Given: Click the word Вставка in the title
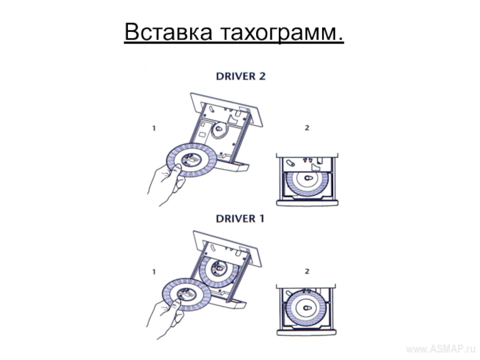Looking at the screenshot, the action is [168, 32].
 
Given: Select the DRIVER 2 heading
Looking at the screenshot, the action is [241, 76].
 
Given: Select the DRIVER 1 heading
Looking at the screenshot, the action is [240, 218].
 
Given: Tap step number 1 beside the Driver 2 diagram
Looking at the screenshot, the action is [154, 128].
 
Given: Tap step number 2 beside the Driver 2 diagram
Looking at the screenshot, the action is [307, 128].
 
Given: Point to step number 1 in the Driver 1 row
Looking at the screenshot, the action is [154, 272].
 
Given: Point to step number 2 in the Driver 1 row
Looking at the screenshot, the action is [307, 271].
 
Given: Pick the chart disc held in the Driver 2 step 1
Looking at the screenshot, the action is [191, 160].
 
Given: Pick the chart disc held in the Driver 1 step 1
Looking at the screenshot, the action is [187, 295].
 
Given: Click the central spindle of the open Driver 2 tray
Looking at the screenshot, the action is [218, 129].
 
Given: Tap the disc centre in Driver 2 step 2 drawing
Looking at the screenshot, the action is [308, 178].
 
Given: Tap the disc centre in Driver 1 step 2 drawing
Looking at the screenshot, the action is [307, 308].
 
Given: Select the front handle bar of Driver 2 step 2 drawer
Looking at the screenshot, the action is [307, 203].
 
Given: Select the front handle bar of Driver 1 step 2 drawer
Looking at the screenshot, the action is [307, 332].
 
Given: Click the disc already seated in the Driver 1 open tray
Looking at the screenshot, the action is [219, 271].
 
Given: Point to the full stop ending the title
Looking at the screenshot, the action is [340, 39].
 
